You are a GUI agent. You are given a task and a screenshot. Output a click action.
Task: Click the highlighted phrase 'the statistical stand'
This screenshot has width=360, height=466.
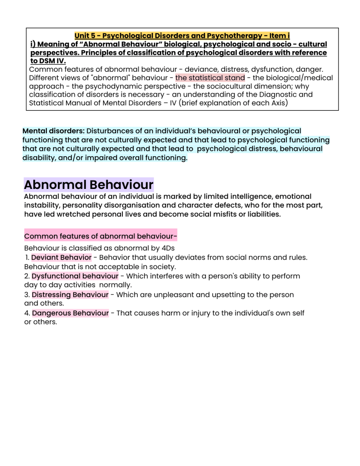210,77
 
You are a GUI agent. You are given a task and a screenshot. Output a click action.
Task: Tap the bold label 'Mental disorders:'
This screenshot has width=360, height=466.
53,131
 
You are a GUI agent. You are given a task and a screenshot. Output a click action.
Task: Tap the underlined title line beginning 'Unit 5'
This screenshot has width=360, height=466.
182,35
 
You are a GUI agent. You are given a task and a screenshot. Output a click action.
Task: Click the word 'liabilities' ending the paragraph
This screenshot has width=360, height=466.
264,214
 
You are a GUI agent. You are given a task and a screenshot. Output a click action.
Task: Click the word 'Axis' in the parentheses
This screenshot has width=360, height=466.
277,103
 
